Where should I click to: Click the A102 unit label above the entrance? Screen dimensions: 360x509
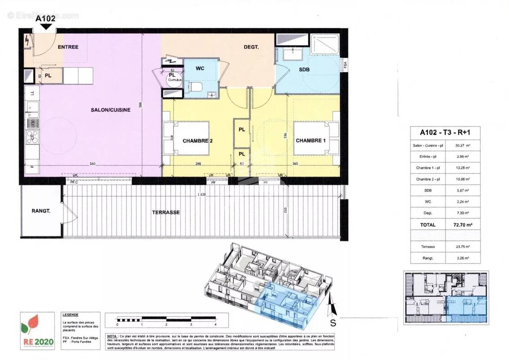(x=45, y=18)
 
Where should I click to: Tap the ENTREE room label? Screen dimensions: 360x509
(x=68, y=47)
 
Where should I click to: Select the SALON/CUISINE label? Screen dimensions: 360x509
(x=110, y=110)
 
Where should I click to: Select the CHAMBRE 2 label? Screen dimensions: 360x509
(x=197, y=141)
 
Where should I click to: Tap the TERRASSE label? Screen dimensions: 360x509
(x=166, y=212)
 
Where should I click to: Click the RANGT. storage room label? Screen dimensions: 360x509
(x=41, y=211)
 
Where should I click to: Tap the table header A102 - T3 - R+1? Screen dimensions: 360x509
(x=444, y=132)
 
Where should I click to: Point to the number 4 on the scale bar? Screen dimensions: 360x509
(x=216, y=324)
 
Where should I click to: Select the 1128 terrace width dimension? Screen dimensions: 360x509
(x=201, y=194)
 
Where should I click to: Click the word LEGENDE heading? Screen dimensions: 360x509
(x=71, y=315)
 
